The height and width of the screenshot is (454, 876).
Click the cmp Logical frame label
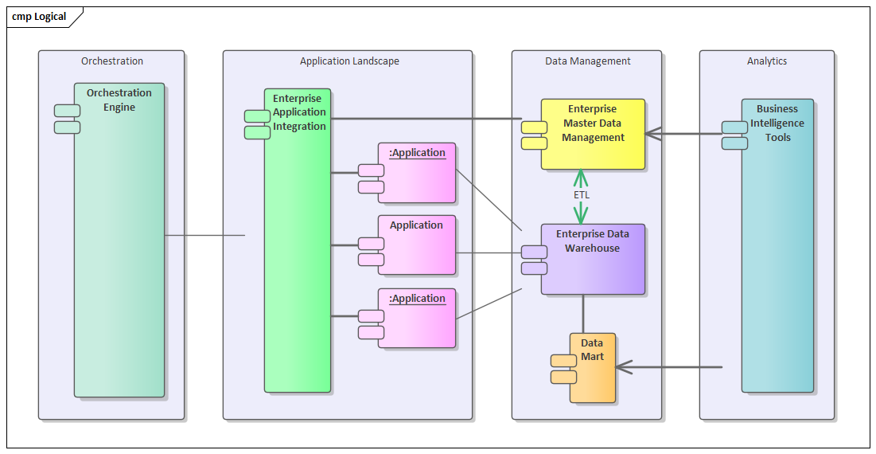tap(40, 17)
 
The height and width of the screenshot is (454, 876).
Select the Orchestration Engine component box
tap(119, 239)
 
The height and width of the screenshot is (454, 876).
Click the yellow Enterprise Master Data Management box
tap(593, 134)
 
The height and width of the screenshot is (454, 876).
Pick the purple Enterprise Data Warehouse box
tap(593, 259)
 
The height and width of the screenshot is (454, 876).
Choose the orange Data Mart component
tap(593, 367)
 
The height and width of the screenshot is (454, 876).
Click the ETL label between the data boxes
tap(582, 194)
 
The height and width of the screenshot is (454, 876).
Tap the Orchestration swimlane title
tap(112, 61)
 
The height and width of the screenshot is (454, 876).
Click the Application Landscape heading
tap(349, 61)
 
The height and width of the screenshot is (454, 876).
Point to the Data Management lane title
tap(587, 61)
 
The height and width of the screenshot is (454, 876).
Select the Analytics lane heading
tap(767, 61)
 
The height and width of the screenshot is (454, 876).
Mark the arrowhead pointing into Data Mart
tap(623, 367)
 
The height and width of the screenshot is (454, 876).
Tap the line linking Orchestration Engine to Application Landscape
tap(204, 235)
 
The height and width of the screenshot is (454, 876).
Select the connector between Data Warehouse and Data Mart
tap(583, 314)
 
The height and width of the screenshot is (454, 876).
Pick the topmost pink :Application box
tap(416, 173)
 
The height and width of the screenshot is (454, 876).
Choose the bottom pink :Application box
tap(416, 319)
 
